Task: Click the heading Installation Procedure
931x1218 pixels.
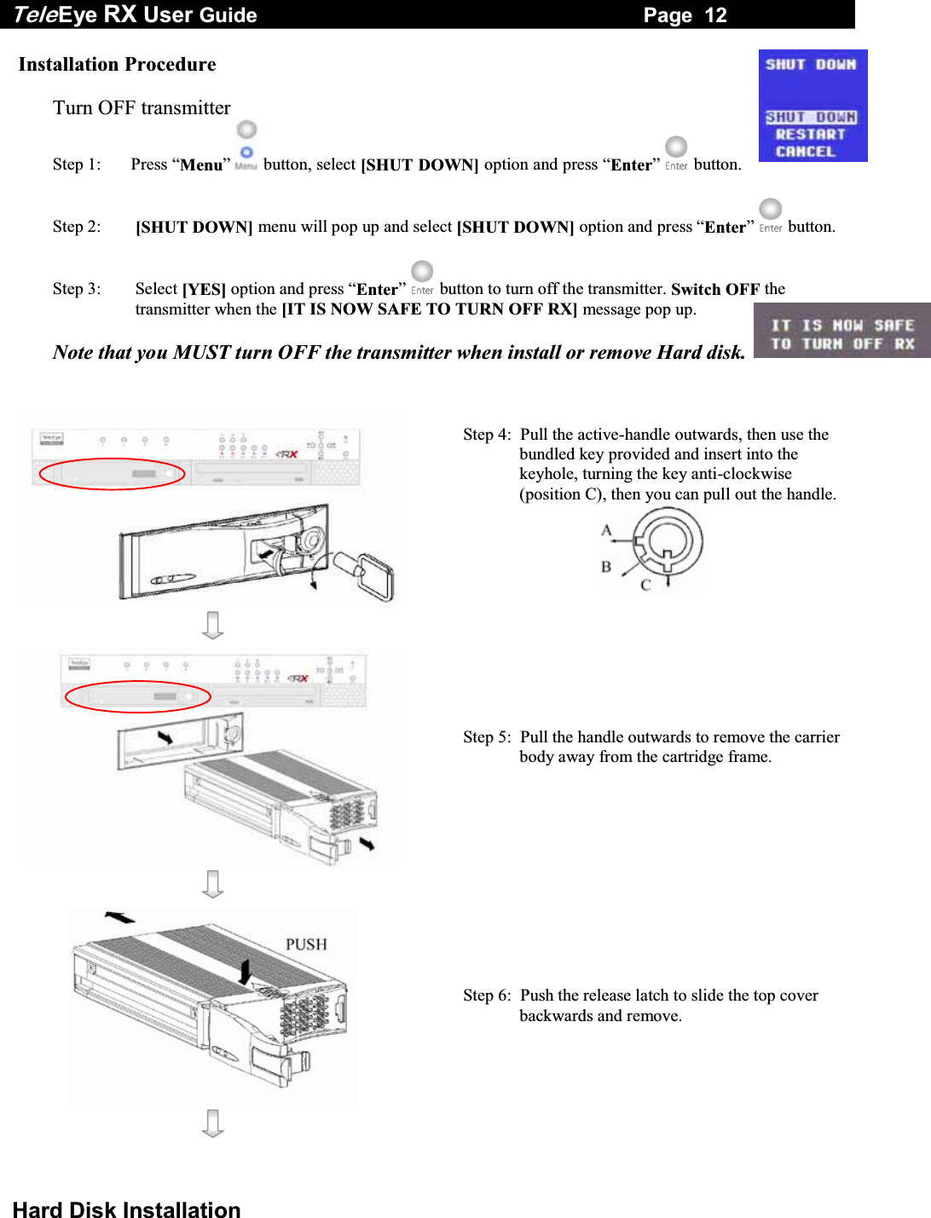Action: coord(117,65)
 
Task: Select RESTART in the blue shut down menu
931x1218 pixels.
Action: coord(810,135)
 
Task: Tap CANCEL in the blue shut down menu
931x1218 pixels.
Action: coord(805,152)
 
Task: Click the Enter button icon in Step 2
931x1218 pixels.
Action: coord(770,215)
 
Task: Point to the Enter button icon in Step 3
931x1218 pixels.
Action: coord(422,277)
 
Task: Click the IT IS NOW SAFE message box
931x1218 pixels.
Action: coord(841,334)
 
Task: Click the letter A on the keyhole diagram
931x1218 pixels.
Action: coord(606,530)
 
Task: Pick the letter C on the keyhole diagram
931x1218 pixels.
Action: coord(645,585)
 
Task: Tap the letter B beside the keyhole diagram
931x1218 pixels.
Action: coord(606,567)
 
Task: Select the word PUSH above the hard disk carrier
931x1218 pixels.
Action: coord(306,944)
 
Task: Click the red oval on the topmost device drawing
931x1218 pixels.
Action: coord(112,474)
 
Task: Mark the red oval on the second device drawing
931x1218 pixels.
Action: coord(138,696)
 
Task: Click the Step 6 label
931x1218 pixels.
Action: coord(487,996)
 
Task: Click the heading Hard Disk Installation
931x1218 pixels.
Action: coord(127,1209)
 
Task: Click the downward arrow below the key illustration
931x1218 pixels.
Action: coord(213,625)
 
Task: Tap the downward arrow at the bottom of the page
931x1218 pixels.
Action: coord(213,1123)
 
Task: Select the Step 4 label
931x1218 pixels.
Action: coord(487,435)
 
